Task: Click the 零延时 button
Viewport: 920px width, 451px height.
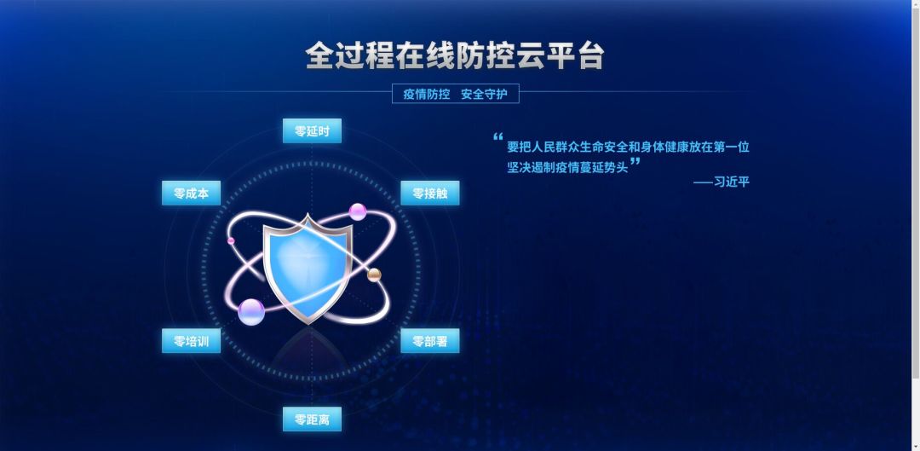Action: [x=312, y=131]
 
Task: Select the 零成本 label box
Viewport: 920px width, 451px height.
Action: [x=191, y=194]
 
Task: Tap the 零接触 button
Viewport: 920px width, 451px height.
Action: [x=430, y=194]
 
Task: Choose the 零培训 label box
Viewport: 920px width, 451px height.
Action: [x=191, y=341]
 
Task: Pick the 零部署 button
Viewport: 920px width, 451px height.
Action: [x=430, y=341]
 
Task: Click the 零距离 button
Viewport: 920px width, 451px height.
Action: [x=312, y=419]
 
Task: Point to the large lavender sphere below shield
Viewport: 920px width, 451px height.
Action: [x=251, y=312]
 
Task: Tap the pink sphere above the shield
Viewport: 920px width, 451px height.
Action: [x=358, y=211]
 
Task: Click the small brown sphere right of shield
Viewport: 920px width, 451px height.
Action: [x=374, y=274]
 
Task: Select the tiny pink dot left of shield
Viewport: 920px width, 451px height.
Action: [x=231, y=241]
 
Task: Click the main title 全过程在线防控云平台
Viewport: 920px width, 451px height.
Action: [x=455, y=55]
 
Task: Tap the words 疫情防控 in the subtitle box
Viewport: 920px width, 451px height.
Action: [x=426, y=94]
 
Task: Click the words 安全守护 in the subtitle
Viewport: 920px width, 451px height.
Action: [x=484, y=94]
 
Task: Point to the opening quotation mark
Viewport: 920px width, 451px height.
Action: [x=498, y=136]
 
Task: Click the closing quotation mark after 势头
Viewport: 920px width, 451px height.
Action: [x=635, y=161]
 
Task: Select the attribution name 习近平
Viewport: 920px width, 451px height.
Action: [x=733, y=182]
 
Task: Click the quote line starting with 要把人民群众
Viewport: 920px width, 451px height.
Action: [x=628, y=147]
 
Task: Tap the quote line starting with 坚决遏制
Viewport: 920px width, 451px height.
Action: [x=567, y=167]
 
